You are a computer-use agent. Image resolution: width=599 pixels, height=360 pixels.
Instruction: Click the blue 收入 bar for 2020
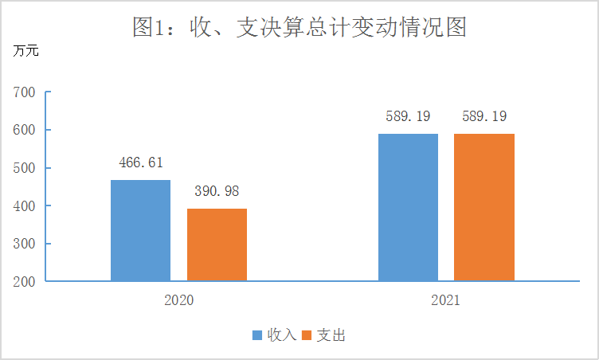pos(140,230)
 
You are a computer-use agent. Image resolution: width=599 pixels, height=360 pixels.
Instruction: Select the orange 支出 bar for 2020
pos(217,245)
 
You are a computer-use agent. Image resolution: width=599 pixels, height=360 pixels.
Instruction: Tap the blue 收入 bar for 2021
pos(408,207)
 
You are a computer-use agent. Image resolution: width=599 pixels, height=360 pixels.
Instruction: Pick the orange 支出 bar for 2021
pos(484,207)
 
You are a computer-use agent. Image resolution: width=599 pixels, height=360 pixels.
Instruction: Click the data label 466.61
pos(140,162)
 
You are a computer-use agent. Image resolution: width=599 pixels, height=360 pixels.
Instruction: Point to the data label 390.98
pos(217,191)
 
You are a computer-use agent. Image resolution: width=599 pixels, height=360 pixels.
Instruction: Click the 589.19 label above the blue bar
pos(408,116)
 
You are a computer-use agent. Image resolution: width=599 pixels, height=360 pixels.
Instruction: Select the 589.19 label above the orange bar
pos(484,116)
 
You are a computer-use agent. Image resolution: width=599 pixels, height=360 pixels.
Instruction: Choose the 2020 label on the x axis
pos(178,302)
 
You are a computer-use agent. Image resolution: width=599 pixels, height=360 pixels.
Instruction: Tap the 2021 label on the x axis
pos(446,302)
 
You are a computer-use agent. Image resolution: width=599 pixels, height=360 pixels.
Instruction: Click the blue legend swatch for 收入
pos(257,335)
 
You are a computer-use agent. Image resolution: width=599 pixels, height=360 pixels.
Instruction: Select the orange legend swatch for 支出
pos(307,335)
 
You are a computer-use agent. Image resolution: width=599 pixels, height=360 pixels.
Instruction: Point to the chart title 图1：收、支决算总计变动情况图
pos(299,27)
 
